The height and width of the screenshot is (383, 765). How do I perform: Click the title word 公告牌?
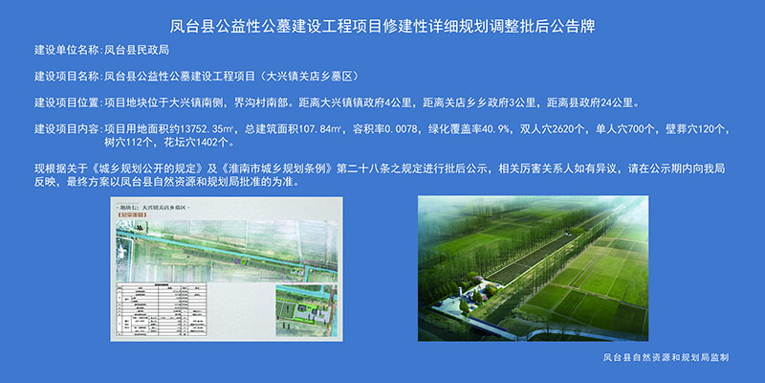[568, 20]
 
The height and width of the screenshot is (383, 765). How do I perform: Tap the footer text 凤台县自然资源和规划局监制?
[659, 357]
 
